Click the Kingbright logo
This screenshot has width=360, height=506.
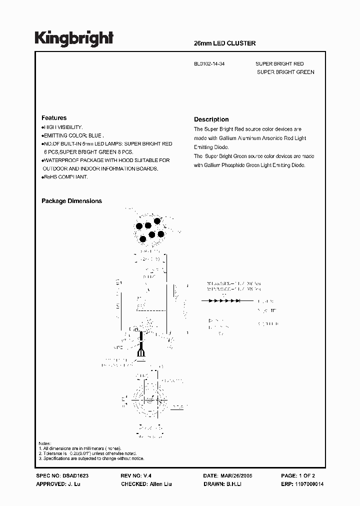pyautogui.click(x=74, y=38)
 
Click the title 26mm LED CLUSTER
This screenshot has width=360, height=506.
pyautogui.click(x=224, y=43)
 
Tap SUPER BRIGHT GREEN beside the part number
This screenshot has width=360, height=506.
pyautogui.click(x=285, y=72)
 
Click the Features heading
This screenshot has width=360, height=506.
pyautogui.click(x=54, y=118)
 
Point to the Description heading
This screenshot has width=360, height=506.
pyautogui.click(x=211, y=119)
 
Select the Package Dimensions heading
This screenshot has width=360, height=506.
pyautogui.click(x=71, y=201)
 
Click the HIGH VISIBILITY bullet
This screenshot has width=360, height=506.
pyautogui.click(x=62, y=127)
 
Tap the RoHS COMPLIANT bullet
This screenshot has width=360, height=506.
pyautogui.click(x=65, y=177)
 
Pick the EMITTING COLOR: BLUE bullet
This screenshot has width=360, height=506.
pyautogui.click(x=73, y=135)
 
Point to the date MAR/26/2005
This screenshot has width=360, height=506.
pyautogui.click(x=236, y=476)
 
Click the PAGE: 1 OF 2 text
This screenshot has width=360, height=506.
pyautogui.click(x=298, y=476)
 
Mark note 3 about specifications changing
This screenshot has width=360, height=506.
pyautogui.click(x=91, y=458)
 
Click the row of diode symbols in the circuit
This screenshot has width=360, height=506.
pyautogui.click(x=220, y=301)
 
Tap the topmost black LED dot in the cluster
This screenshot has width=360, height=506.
pyautogui.click(x=157, y=221)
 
